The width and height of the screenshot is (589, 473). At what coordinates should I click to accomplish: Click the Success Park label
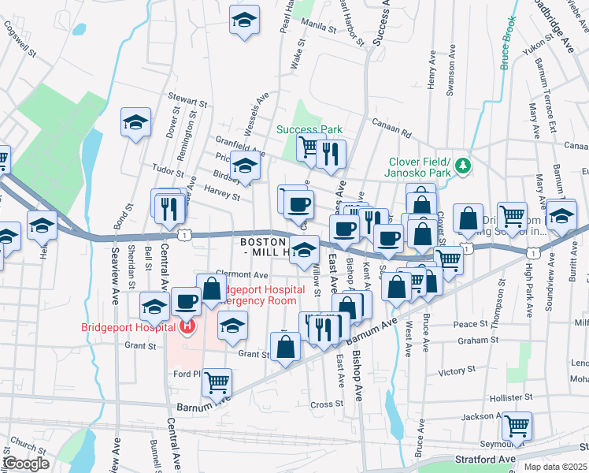tap(309, 129)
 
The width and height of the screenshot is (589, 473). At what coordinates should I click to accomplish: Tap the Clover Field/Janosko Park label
tap(417, 166)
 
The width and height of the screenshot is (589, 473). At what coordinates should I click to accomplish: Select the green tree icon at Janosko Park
tap(464, 166)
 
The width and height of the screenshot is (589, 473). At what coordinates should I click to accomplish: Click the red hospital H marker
tap(187, 326)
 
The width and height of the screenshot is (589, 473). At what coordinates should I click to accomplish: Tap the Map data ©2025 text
tap(554, 467)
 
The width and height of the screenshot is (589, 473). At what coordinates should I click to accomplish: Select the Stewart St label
tap(187, 102)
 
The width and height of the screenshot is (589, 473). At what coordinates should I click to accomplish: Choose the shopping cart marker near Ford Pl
tap(217, 383)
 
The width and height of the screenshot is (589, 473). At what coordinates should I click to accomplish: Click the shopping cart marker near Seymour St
tap(517, 426)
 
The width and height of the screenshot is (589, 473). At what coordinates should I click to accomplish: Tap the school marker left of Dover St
tap(135, 122)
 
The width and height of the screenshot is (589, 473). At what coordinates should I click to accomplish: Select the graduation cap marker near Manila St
tap(245, 20)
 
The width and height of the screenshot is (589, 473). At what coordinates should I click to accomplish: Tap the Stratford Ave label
tap(484, 458)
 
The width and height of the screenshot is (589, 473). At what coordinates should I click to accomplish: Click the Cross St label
tap(324, 404)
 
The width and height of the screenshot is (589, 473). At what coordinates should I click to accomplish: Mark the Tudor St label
tap(168, 172)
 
